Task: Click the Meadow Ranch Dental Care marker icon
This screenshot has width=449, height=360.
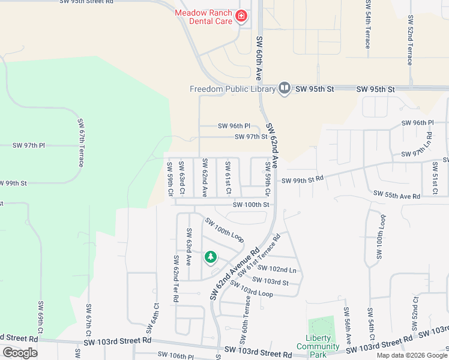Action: pyautogui.click(x=241, y=16)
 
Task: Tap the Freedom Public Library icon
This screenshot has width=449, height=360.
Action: pyautogui.click(x=285, y=89)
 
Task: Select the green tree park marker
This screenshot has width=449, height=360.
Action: pyautogui.click(x=210, y=257)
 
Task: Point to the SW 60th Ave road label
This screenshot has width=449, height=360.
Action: pyautogui.click(x=259, y=58)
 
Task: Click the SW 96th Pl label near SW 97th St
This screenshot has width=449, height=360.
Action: pyautogui.click(x=234, y=126)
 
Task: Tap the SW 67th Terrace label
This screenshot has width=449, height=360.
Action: pyautogui.click(x=80, y=143)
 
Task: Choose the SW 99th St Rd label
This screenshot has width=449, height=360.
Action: pyautogui.click(x=303, y=179)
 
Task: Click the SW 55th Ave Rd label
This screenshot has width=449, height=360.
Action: pyautogui.click(x=397, y=194)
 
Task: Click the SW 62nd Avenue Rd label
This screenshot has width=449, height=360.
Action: pyautogui.click(x=234, y=274)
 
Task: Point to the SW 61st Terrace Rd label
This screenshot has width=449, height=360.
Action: pyautogui.click(x=259, y=255)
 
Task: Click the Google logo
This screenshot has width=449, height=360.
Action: pyautogui.click(x=20, y=353)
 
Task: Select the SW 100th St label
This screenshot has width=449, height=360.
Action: pyautogui.click(x=251, y=205)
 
